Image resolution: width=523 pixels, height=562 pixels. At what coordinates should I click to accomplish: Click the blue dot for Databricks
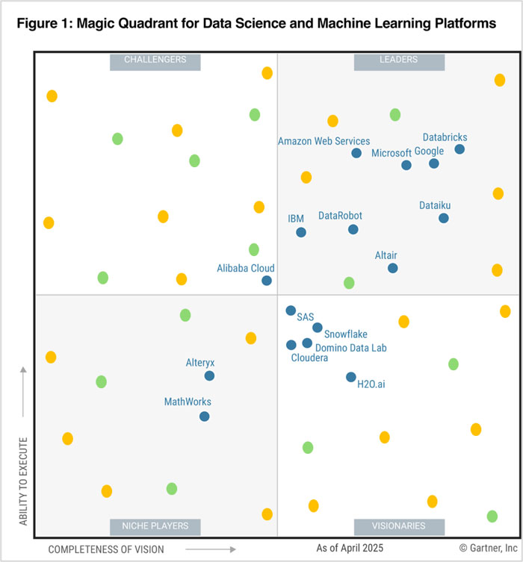coord(459,149)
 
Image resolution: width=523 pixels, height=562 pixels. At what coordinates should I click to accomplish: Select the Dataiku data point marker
coord(444,218)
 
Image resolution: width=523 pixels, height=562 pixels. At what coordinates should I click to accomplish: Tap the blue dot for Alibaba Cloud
coord(267,281)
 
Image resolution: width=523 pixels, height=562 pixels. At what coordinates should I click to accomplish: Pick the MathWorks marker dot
coord(205,416)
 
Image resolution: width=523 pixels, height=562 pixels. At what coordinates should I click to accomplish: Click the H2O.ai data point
coord(351,377)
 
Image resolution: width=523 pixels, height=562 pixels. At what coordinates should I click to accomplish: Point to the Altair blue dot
coord(393,268)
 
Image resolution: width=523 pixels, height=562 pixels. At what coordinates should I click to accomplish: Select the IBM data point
coord(301,232)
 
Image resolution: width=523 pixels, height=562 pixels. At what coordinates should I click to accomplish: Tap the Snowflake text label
coord(346,334)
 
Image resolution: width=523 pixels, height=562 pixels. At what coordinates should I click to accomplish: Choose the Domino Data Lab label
coord(350,347)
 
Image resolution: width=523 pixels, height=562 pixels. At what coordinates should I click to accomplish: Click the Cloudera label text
coord(309,358)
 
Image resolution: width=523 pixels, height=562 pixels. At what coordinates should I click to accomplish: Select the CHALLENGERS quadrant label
coord(155,60)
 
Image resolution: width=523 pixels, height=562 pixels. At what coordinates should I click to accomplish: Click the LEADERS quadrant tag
coord(398,60)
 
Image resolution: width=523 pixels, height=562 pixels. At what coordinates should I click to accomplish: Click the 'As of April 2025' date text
coord(349,549)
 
